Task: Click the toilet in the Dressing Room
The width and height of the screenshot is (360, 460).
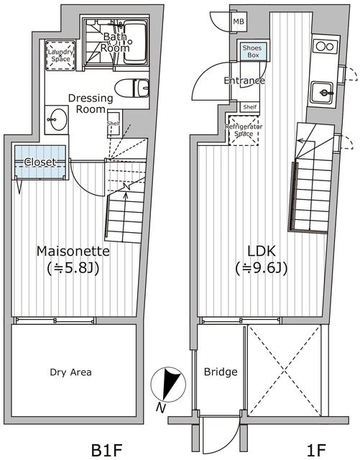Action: click(x=131, y=88)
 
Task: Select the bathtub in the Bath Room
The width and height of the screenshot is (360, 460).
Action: click(x=135, y=42)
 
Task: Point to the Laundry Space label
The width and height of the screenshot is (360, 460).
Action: click(x=60, y=55)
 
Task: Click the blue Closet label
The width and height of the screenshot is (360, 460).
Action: click(x=40, y=162)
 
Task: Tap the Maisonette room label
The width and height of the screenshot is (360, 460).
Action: click(x=73, y=251)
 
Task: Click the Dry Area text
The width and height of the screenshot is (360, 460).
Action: click(x=70, y=372)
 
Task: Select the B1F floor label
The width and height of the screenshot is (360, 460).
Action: click(x=106, y=450)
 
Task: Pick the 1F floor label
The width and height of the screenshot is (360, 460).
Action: click(x=316, y=450)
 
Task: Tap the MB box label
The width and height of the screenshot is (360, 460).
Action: click(x=239, y=22)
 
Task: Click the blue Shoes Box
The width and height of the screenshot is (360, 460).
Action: click(x=253, y=51)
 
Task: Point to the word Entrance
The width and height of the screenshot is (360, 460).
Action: click(x=244, y=80)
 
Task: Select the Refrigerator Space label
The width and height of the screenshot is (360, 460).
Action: click(x=244, y=130)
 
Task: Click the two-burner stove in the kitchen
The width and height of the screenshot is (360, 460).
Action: click(x=324, y=47)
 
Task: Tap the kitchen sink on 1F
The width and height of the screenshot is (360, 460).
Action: click(x=323, y=93)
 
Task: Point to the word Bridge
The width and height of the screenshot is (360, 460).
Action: click(x=221, y=372)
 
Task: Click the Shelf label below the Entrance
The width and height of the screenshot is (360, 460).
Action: click(x=249, y=107)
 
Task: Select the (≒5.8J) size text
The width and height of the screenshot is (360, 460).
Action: click(x=73, y=268)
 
